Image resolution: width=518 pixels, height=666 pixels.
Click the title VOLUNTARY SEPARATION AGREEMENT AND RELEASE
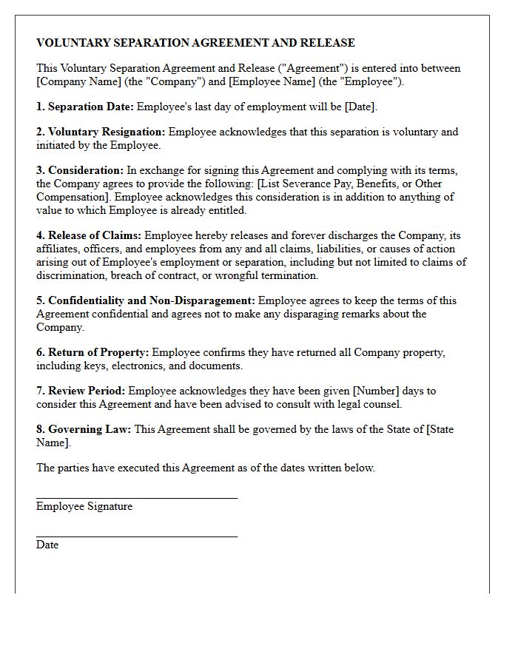195,43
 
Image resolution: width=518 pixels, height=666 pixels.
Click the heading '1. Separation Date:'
85,107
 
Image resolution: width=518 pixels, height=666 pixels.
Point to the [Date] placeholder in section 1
360,107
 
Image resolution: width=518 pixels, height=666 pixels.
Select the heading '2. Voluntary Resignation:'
101,132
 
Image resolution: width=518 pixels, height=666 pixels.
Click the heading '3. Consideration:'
80,170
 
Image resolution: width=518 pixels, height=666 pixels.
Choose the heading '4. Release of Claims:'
89,235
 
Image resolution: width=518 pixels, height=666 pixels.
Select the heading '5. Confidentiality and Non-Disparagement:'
146,300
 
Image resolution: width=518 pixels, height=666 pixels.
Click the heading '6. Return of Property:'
92,352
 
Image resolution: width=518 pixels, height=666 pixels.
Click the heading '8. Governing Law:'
84,429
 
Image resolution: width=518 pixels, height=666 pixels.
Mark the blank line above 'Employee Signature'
137,498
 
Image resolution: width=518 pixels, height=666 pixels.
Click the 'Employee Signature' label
84,507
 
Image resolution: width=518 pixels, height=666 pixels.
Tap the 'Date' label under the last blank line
47,545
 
